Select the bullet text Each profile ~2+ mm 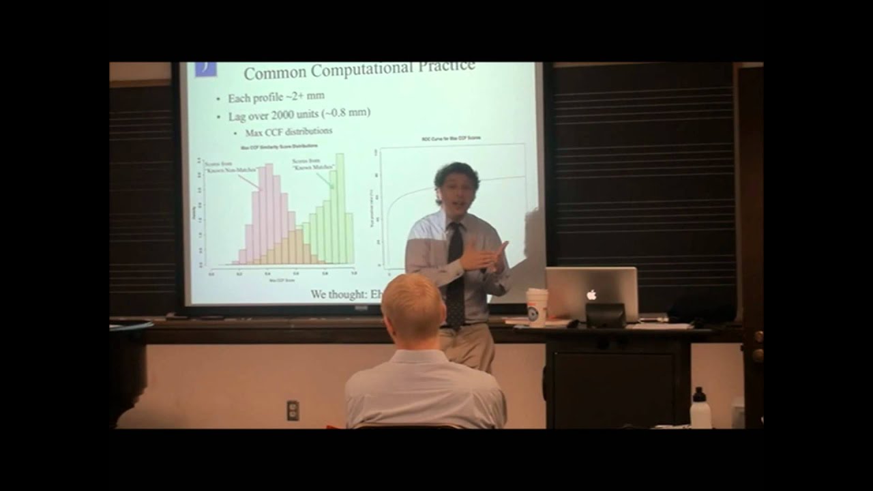(276, 98)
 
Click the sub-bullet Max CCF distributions (289, 131)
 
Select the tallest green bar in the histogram (340, 208)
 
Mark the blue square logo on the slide (205, 68)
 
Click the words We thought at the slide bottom (340, 295)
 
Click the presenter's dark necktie (455, 273)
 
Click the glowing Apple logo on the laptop (591, 295)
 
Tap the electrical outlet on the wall (293, 410)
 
